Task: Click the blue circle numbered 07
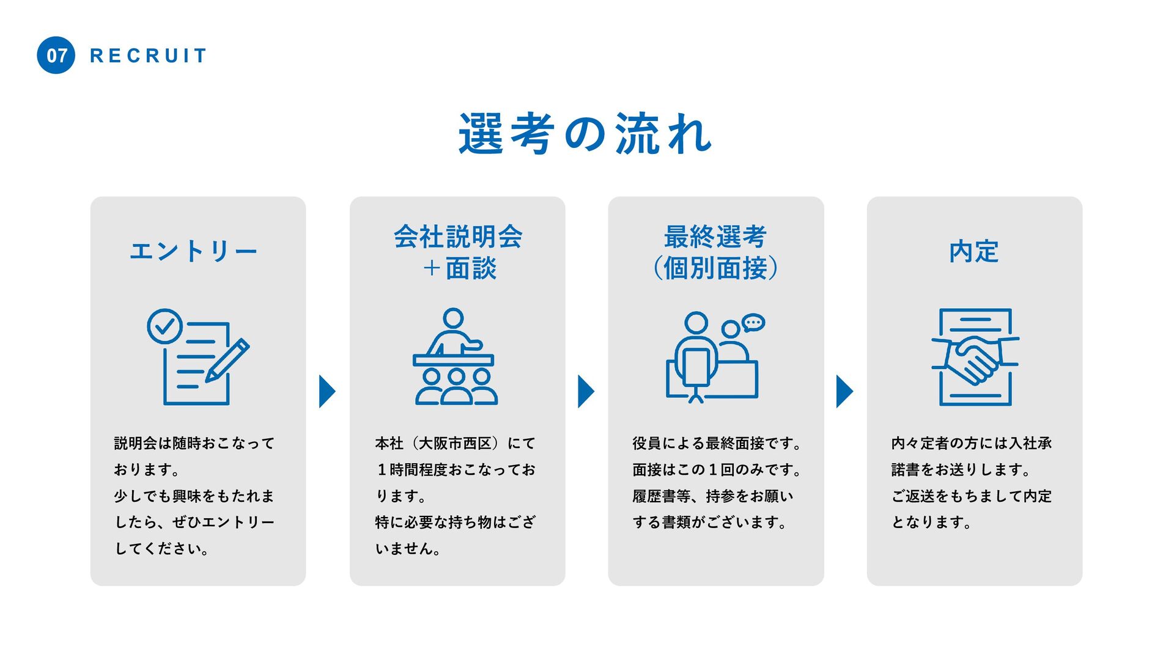click(x=56, y=55)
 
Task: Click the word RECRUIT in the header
click(x=149, y=56)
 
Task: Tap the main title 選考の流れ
click(x=586, y=133)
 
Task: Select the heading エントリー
click(x=193, y=251)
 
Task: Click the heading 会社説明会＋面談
click(x=458, y=252)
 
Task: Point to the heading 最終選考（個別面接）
click(x=715, y=252)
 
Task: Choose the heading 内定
click(x=974, y=251)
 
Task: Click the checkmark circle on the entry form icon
click(x=164, y=326)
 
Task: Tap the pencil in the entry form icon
click(x=227, y=361)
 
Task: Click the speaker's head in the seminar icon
click(x=453, y=318)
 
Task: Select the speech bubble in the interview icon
click(x=753, y=323)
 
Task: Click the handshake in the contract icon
click(x=975, y=361)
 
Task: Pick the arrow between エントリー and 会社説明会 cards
click(x=327, y=391)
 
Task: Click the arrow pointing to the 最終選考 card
click(x=586, y=391)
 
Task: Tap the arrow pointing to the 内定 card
click(x=844, y=391)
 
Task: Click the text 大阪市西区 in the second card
click(x=455, y=443)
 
